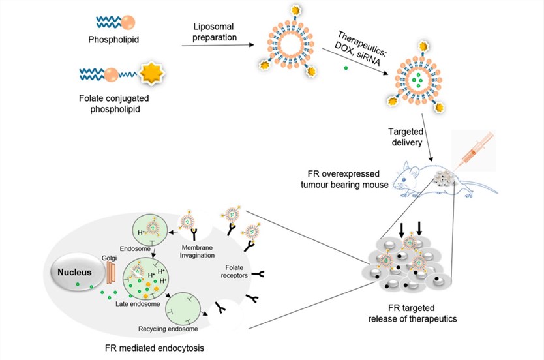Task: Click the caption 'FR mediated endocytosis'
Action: (x=155, y=347)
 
